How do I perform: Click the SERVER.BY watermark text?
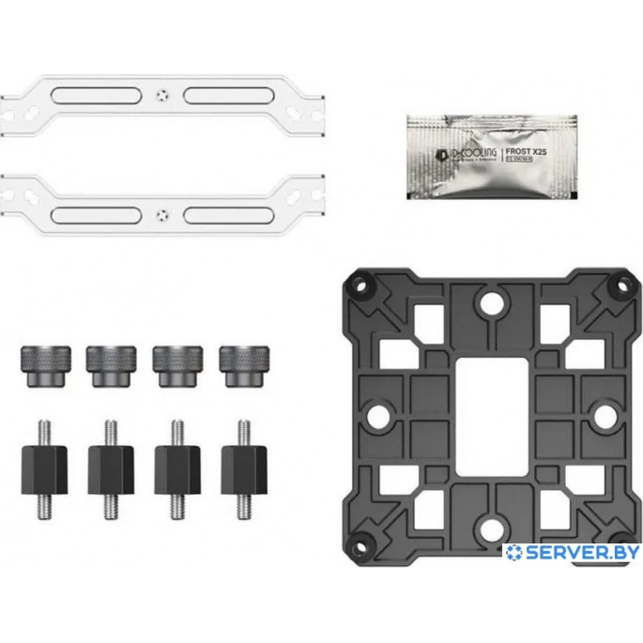pyautogui.click(x=573, y=553)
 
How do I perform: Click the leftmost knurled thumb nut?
pyautogui.click(x=42, y=361)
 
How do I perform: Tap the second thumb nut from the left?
pyautogui.click(x=110, y=361)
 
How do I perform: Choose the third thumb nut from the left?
pyautogui.click(x=177, y=361)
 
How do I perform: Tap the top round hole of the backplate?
pyautogui.click(x=489, y=302)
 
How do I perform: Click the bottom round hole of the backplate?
pyautogui.click(x=489, y=526)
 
